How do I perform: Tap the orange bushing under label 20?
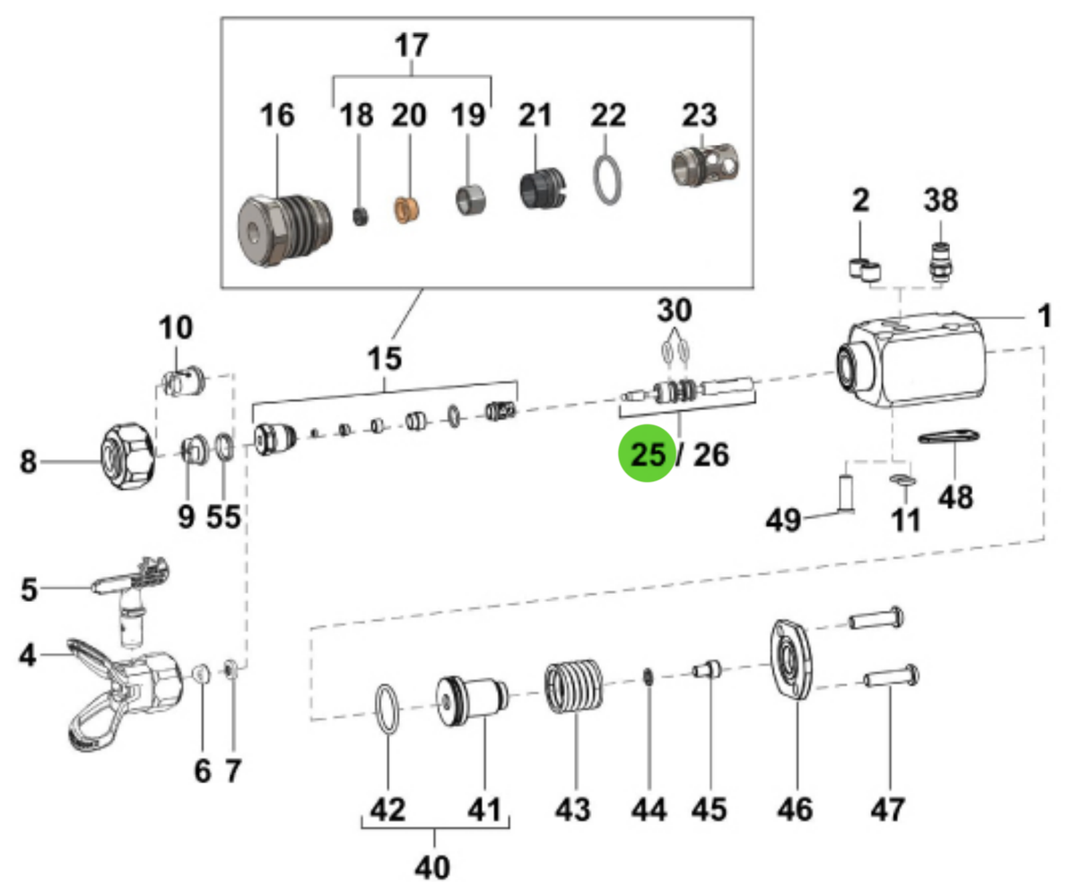408,210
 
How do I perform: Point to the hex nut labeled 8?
127,456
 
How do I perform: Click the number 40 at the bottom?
431,867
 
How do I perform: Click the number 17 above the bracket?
412,45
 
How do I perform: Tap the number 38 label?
940,200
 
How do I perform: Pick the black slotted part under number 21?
541,188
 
